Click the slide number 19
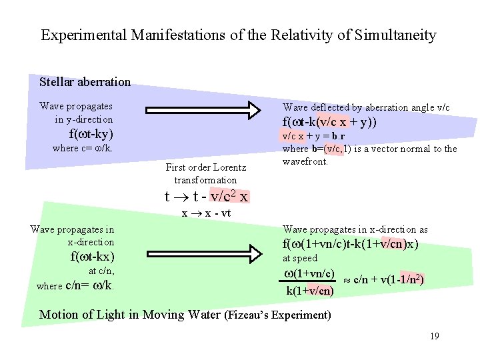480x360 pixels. coord(434,336)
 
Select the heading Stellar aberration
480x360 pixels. coord(85,82)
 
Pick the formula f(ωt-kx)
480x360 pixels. coord(92,257)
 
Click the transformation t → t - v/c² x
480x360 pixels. coord(207,197)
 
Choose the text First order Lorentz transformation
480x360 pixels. coord(205,173)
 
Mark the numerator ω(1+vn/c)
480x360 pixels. coord(309,275)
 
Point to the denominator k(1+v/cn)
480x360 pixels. coord(309,291)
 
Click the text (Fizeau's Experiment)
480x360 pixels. coord(278,315)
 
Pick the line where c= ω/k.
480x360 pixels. coord(82,148)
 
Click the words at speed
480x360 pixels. coord(300,259)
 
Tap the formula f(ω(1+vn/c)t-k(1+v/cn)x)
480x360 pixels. coord(350,244)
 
